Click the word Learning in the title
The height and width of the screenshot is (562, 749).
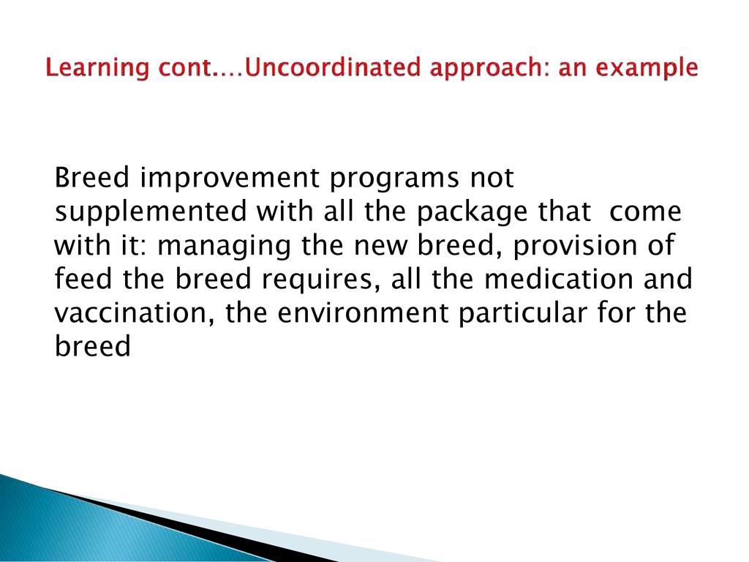click(97, 68)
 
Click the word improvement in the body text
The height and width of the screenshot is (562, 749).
click(230, 179)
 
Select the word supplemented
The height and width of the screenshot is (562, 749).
click(151, 212)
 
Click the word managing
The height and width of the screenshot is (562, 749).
click(224, 247)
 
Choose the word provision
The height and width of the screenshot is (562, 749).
click(575, 247)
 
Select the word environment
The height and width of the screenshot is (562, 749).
click(363, 313)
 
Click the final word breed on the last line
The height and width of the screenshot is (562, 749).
click(92, 346)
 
